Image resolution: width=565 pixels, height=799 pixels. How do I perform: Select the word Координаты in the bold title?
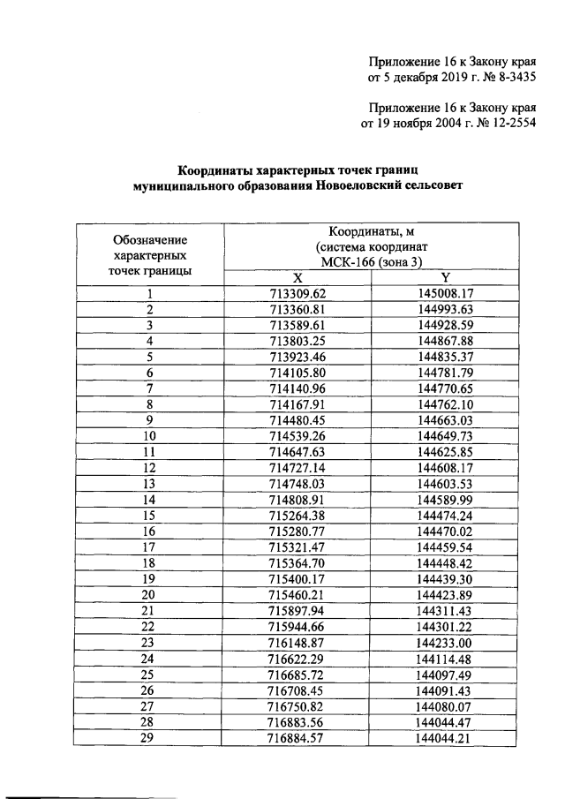pyautogui.click(x=213, y=169)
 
